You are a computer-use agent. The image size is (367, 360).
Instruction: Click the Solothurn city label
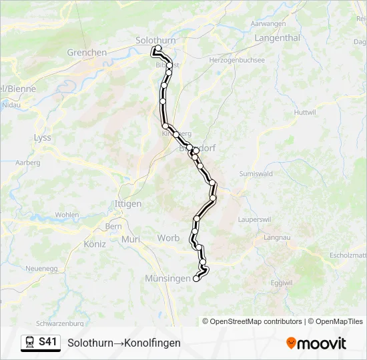(x=155, y=40)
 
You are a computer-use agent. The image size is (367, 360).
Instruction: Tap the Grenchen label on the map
(x=87, y=53)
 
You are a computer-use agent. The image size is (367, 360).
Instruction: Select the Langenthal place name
(x=277, y=38)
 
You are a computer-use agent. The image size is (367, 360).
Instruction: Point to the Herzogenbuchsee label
(x=237, y=60)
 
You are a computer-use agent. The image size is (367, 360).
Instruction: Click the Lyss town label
(x=42, y=137)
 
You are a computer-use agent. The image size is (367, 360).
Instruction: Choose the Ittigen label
(x=128, y=203)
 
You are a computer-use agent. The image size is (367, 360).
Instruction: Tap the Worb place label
(x=168, y=238)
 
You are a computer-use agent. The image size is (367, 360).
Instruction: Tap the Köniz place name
(x=95, y=244)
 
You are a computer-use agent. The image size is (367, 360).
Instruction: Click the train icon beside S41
(x=31, y=343)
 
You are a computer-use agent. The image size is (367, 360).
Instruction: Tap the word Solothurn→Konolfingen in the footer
(x=124, y=343)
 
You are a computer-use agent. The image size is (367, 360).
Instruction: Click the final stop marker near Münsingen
(x=196, y=279)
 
